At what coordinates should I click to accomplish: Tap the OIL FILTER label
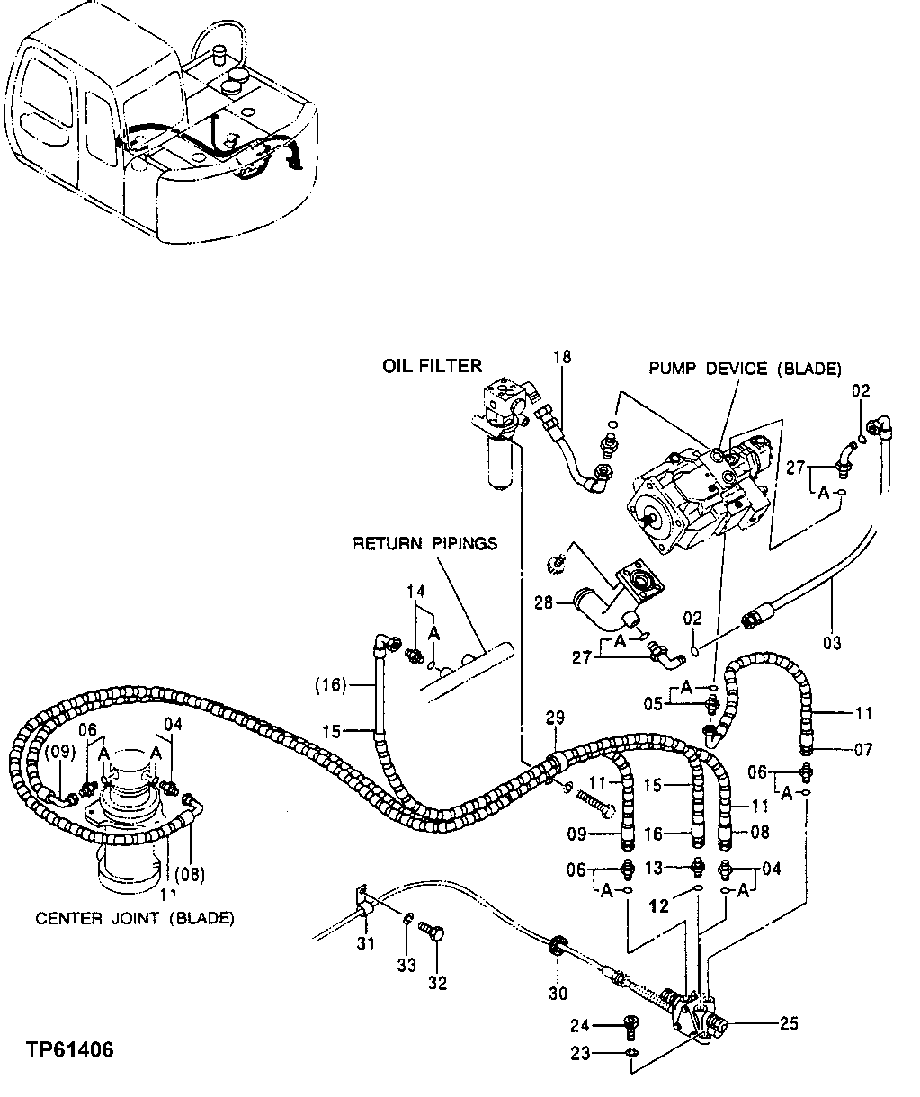pyautogui.click(x=433, y=366)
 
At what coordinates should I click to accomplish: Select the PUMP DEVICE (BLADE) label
pyautogui.click(x=746, y=369)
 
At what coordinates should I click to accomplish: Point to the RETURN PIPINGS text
pyautogui.click(x=425, y=543)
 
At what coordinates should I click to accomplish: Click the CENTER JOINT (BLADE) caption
pyautogui.click(x=135, y=918)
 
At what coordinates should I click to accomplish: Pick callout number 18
pyautogui.click(x=562, y=358)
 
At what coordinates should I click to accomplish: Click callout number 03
pyautogui.click(x=832, y=642)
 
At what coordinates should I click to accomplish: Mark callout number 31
pyautogui.click(x=364, y=943)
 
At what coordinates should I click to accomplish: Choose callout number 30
pyautogui.click(x=558, y=993)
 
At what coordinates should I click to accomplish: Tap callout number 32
pyautogui.click(x=437, y=983)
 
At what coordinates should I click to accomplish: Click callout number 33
pyautogui.click(x=406, y=965)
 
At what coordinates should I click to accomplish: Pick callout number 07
pyautogui.click(x=862, y=749)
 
